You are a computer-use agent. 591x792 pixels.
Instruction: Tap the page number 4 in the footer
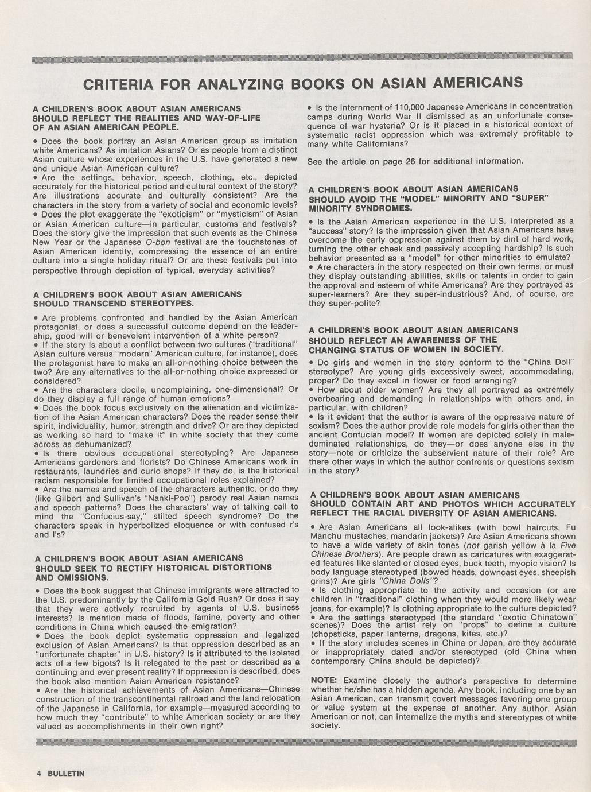[x=39, y=773]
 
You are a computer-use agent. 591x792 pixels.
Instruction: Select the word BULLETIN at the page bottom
[x=66, y=773]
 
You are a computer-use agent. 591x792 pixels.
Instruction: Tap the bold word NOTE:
[x=324, y=681]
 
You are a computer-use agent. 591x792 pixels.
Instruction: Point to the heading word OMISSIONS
[x=72, y=577]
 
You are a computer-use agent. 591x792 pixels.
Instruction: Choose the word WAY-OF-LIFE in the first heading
[x=228, y=118]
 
